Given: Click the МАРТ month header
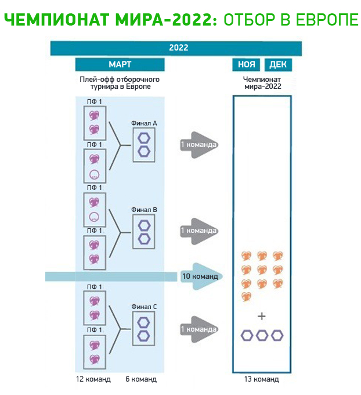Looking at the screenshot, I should pyautogui.click(x=120, y=64).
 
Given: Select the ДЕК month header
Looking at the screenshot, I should pyautogui.click(x=278, y=64).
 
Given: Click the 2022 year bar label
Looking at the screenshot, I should pyautogui.click(x=178, y=48).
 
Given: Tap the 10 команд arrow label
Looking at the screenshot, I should pyautogui.click(x=200, y=276).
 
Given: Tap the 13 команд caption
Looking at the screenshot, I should pyautogui.click(x=261, y=379).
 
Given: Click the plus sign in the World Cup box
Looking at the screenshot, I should pyautogui.click(x=262, y=317).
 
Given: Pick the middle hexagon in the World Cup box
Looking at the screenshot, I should pyautogui.click(x=262, y=335).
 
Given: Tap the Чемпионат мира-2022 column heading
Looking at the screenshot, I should pyautogui.click(x=262, y=82).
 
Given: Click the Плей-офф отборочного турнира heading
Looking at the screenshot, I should pyautogui.click(x=120, y=82).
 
